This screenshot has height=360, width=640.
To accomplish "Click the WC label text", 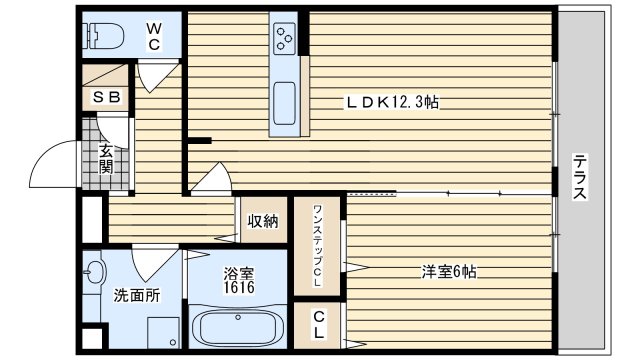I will pos(154,37).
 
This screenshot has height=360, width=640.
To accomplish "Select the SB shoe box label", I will pos(106,97).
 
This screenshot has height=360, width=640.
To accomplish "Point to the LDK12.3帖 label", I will pos(394,102).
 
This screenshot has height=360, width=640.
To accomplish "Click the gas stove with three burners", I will pos(284,39).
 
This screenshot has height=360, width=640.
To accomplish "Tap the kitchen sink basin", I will pos(284,101).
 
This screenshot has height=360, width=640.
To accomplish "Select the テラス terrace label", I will pos(579,177).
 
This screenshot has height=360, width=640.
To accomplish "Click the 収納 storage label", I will pos(263,220).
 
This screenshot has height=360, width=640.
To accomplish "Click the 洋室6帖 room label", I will pos(447,271).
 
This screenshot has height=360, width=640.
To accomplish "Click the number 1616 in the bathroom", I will pos(239,288).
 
